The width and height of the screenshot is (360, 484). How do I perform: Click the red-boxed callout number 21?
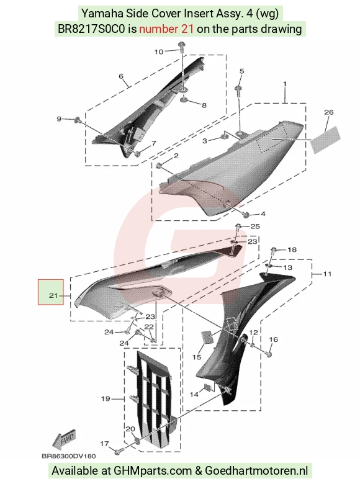click(53, 295)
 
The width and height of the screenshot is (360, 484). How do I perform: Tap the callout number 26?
click(329, 112)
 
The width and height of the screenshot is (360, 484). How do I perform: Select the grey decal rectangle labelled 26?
click(325, 140)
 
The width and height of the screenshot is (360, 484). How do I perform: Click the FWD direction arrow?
click(64, 439)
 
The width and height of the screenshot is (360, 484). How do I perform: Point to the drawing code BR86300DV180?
click(69, 456)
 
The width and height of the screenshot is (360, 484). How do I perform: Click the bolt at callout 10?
click(181, 47)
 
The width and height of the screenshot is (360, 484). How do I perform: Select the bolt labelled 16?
click(269, 354)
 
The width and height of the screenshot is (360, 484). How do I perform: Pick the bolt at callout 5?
click(239, 89)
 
